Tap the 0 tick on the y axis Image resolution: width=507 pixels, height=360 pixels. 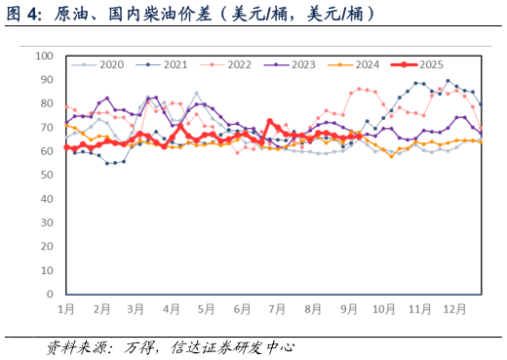(51, 294)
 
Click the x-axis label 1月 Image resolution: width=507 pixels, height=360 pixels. (66, 308)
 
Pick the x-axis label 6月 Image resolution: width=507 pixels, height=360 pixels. (242, 308)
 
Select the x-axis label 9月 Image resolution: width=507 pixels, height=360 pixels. (348, 308)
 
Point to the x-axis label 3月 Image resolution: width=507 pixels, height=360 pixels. (136, 308)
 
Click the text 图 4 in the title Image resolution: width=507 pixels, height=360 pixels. (25, 15)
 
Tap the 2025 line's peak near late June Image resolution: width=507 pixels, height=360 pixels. (270, 122)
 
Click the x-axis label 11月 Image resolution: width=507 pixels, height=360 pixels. (419, 308)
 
